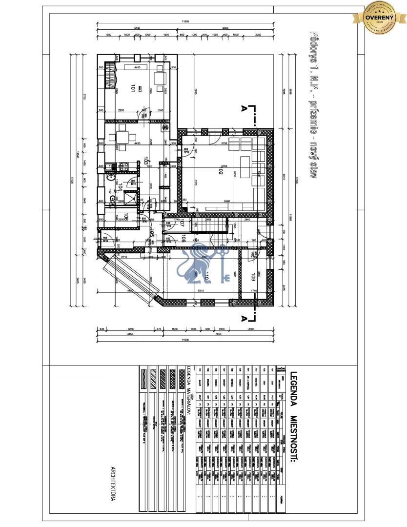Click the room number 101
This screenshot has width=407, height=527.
click(x=132, y=88)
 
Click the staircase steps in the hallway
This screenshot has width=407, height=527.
click(x=213, y=225)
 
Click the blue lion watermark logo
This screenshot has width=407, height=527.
click(x=203, y=266)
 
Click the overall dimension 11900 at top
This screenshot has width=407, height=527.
click(x=185, y=21)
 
